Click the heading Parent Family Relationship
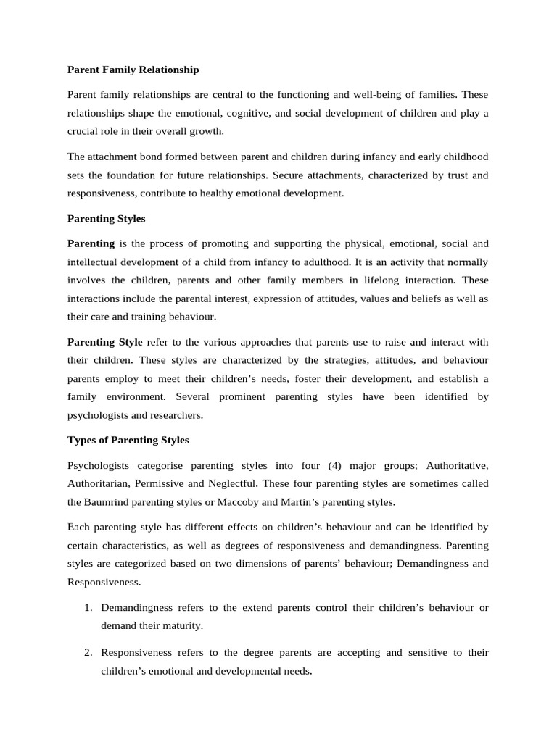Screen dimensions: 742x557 point(133,70)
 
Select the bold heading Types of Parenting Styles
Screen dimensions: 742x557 point(128,440)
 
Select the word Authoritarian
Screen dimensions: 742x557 point(98,483)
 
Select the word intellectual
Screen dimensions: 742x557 point(96,262)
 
